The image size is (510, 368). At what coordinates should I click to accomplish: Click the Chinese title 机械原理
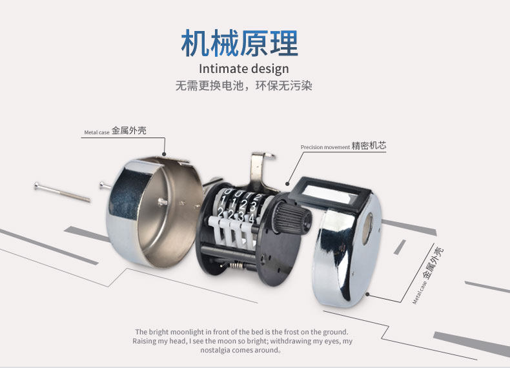click(x=240, y=43)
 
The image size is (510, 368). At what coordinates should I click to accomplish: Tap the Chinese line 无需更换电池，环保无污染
click(x=244, y=86)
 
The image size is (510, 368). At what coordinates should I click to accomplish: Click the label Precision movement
click(x=325, y=147)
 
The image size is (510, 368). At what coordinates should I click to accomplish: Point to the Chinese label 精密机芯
click(x=369, y=146)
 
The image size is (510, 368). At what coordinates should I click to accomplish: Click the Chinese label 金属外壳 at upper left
click(x=129, y=130)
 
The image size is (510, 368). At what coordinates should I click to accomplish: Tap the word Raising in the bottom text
click(x=145, y=341)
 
